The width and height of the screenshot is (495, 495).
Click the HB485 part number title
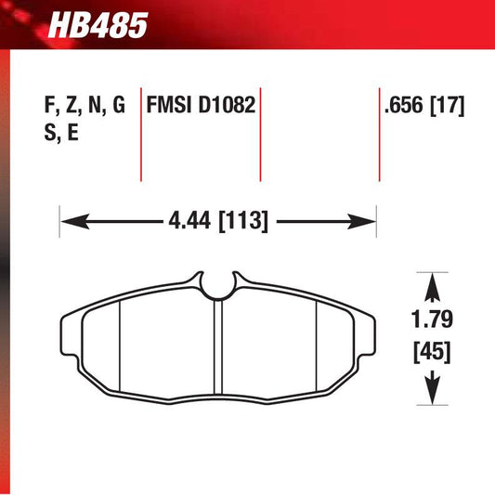pyautogui.click(x=103, y=24)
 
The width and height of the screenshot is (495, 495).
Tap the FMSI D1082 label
pyautogui.click(x=199, y=106)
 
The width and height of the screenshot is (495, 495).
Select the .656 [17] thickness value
pyautogui.click(x=424, y=106)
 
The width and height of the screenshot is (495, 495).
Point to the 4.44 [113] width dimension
pyautogui.click(x=219, y=222)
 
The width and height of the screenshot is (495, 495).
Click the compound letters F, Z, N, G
pyautogui.click(x=84, y=106)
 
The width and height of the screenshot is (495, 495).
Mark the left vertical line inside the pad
pyautogui.click(x=122, y=346)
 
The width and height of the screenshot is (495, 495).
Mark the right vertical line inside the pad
pyautogui.click(x=318, y=346)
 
